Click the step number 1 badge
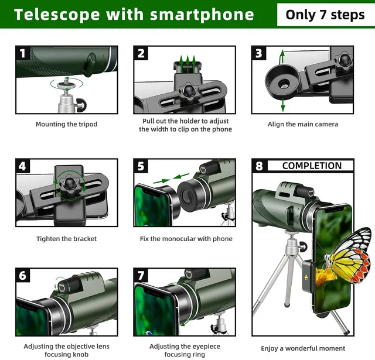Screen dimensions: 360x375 point(23,54)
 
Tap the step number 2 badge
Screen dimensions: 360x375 point(141,54)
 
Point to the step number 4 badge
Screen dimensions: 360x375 point(23,166)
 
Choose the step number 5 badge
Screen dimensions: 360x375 point(141,166)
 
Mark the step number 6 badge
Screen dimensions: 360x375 point(23,276)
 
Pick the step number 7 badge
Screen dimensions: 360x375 point(141,276)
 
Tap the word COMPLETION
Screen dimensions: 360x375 point(311,166)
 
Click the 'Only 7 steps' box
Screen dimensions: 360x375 point(325,15)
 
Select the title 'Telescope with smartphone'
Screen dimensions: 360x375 point(134,15)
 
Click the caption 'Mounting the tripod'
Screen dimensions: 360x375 point(66,124)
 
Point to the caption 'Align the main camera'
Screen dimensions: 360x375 point(302,124)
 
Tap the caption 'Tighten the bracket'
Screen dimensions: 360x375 point(66,239)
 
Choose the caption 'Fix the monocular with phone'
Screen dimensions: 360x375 point(186,239)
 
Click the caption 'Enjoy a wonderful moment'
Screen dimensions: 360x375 point(303,349)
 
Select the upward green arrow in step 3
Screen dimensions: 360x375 point(282,57)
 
